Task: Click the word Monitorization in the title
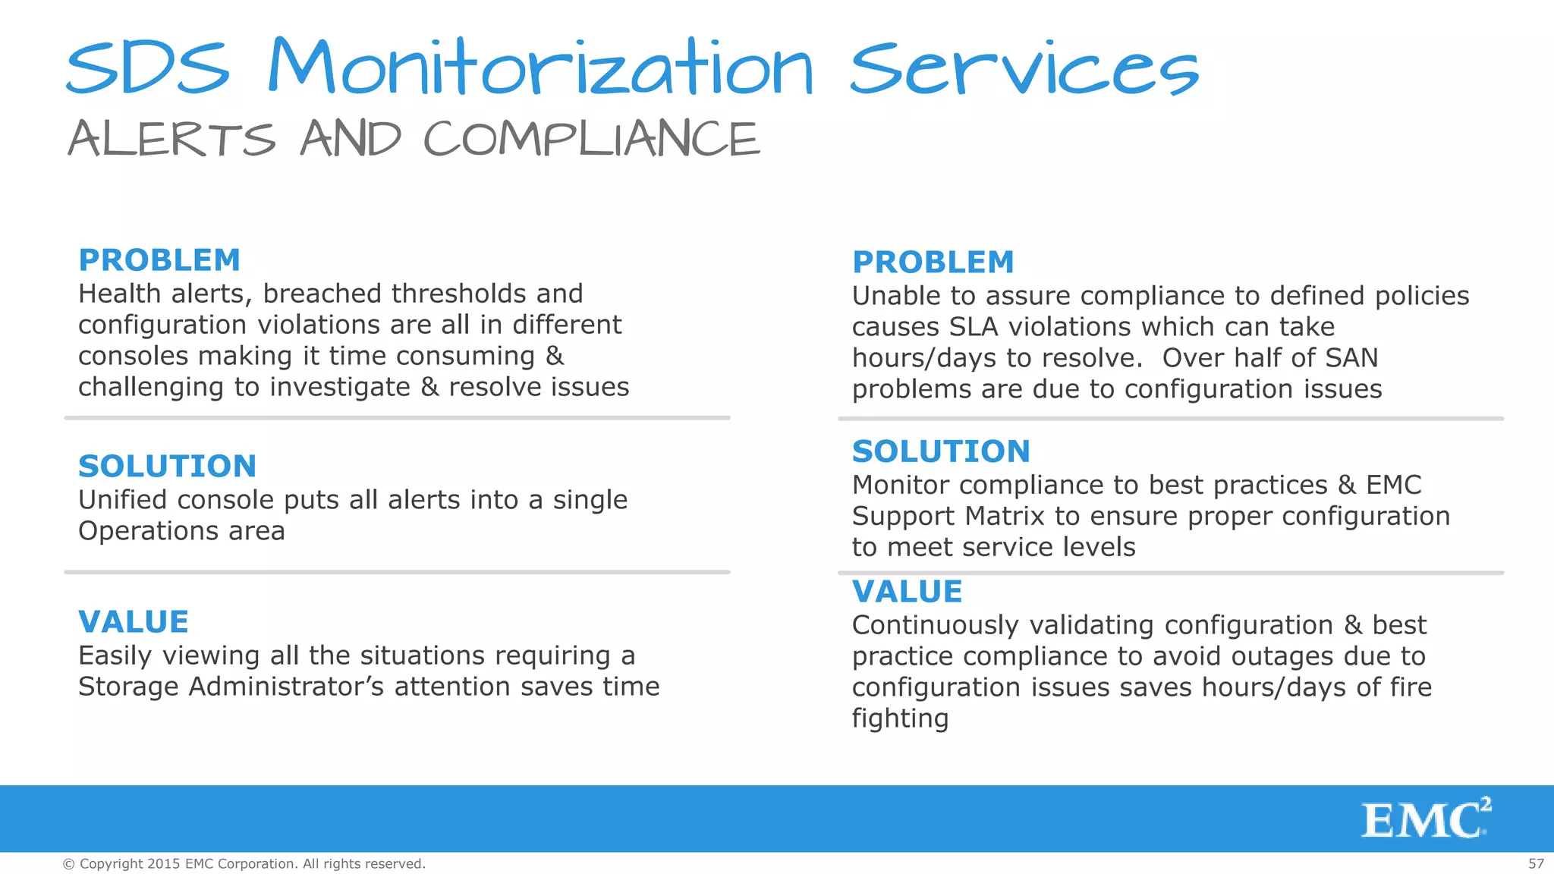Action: [x=540, y=68]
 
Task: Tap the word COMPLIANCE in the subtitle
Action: [x=591, y=140]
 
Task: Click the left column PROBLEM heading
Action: [x=159, y=260]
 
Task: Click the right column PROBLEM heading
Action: [x=933, y=263]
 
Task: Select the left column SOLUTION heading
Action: [x=168, y=466]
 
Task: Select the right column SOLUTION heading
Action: [x=941, y=451]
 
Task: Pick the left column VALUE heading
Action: [x=134, y=622]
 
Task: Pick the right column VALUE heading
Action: [x=908, y=592]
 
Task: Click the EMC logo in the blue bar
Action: [x=1425, y=819]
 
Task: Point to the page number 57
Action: [x=1536, y=863]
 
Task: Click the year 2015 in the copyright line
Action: [x=164, y=863]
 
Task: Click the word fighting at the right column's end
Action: [x=900, y=718]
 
